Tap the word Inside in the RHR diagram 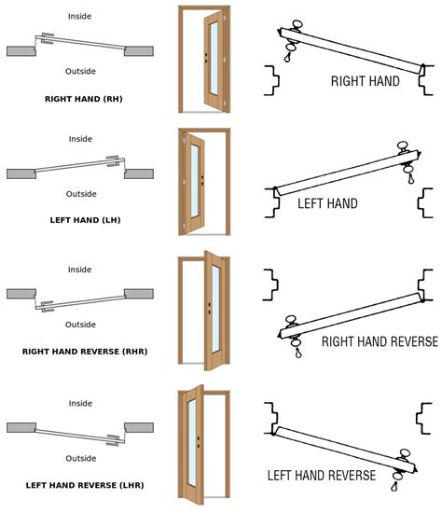tap(79, 270)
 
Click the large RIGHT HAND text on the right tap(366, 81)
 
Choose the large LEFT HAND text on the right tap(327, 202)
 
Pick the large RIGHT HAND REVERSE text tap(379, 341)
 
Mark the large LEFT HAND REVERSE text tap(322, 476)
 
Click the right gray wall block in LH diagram tap(139, 173)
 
